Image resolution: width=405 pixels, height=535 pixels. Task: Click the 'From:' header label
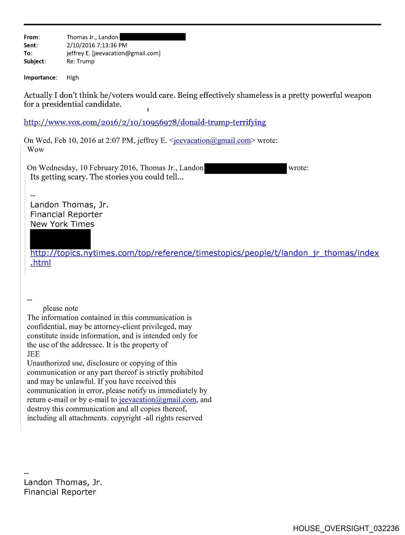[31, 37]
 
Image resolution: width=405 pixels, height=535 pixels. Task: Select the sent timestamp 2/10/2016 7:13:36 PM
[97, 45]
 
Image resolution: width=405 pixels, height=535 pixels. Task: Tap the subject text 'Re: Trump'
[80, 61]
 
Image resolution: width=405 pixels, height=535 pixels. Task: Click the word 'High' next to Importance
[72, 77]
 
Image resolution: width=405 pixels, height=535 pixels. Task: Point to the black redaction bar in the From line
[152, 37]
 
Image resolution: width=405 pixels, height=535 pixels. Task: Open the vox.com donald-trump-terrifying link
[145, 122]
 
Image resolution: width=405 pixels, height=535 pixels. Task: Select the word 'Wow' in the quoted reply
[36, 150]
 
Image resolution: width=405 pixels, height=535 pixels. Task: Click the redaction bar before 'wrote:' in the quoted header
[245, 168]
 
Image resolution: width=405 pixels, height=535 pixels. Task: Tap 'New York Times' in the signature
[62, 224]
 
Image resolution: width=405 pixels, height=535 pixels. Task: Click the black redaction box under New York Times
[60, 239]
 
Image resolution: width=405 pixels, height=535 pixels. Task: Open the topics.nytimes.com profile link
[204, 253]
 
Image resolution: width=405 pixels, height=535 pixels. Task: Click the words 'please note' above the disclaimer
[60, 308]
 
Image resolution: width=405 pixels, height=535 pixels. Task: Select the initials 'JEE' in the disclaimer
[33, 354]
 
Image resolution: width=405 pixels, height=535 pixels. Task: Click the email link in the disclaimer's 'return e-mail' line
[157, 400]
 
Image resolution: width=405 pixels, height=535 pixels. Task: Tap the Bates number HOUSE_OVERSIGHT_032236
[346, 528]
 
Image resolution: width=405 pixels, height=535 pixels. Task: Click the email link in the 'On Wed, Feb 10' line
[212, 141]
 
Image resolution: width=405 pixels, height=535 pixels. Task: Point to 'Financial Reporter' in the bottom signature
[60, 492]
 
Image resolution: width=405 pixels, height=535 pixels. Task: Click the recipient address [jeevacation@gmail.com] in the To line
[126, 53]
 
